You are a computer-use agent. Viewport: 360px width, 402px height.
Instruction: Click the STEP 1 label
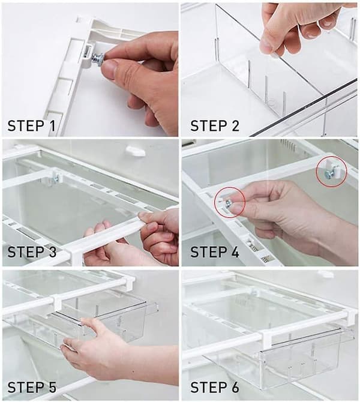31,125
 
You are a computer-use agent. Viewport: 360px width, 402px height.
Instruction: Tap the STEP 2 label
215,125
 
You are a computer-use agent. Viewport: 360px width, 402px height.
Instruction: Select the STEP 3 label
32,251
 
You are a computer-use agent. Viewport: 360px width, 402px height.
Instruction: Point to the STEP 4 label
215,251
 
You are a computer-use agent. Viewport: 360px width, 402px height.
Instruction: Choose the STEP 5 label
32,387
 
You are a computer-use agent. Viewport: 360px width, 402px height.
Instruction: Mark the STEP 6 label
215,387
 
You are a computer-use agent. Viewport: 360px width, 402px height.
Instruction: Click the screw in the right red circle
328,175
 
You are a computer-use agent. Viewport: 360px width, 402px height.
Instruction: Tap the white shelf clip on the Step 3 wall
135,151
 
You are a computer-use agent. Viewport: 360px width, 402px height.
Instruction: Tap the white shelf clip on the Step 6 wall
326,274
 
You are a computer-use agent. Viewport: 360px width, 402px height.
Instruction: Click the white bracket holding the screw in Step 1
87,55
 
